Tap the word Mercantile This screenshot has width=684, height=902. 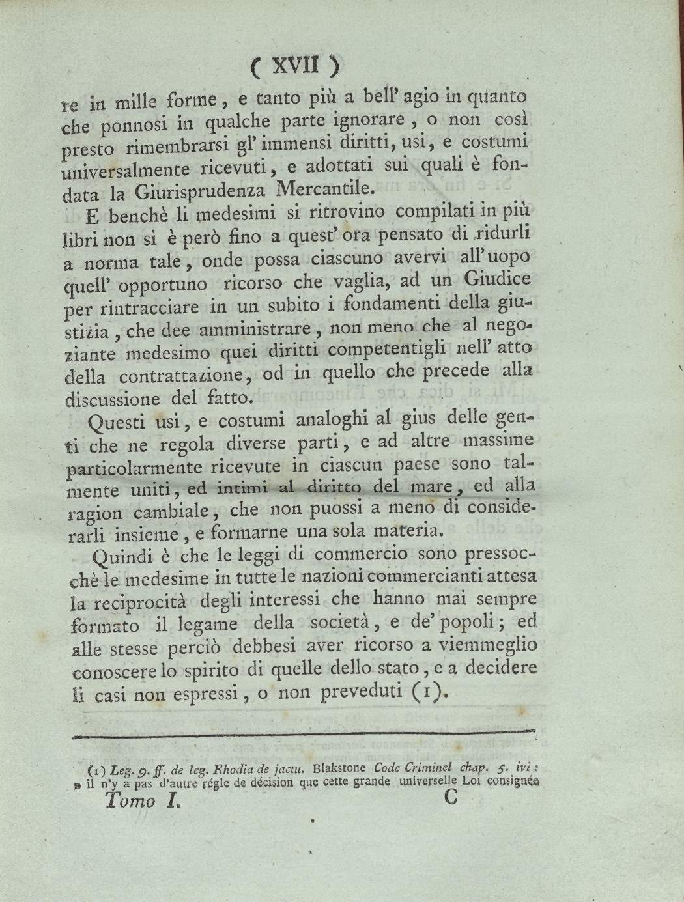[326, 190]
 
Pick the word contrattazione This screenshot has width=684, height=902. [189, 376]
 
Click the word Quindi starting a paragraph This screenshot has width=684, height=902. [122, 556]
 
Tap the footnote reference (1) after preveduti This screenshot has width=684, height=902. [432, 691]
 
